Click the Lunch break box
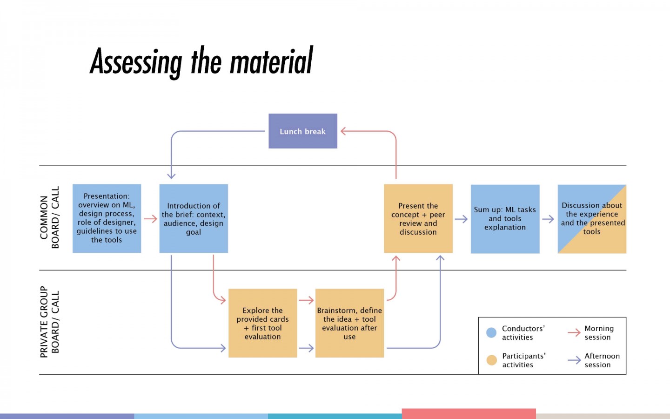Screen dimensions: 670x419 (303, 131)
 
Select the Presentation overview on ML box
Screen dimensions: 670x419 (107, 218)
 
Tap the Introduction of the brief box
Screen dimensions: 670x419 (194, 218)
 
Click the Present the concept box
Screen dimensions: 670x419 (418, 218)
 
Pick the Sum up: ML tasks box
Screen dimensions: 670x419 (505, 219)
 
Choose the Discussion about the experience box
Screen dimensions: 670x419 (592, 219)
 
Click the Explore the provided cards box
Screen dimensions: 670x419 (262, 323)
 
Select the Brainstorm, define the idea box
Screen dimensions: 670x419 (350, 323)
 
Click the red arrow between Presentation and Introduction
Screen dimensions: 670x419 (150, 219)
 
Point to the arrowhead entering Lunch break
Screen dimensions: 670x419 (343, 131)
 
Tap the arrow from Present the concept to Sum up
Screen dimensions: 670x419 (461, 219)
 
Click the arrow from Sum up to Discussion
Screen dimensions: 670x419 (548, 219)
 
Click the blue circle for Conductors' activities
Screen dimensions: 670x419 (491, 332)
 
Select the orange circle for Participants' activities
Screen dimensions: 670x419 (491, 360)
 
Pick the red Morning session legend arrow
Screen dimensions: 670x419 (574, 332)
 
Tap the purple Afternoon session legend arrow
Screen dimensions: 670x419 (574, 360)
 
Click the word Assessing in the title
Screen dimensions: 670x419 (136, 62)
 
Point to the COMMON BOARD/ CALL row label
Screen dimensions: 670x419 (50, 217)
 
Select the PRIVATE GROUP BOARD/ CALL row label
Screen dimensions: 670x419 (50, 322)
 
